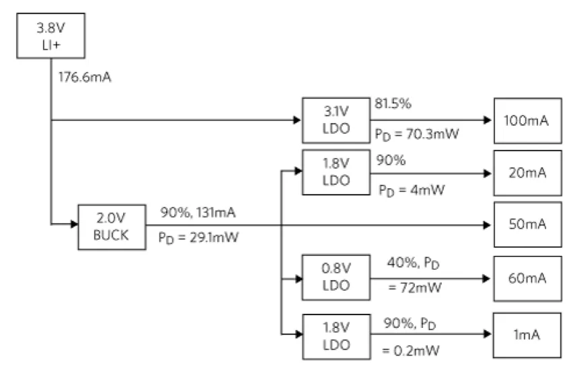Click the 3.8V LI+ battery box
click(x=50, y=36)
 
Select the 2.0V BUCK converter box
click(x=112, y=227)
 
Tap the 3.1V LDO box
click(x=336, y=120)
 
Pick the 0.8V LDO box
click(x=336, y=278)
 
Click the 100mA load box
click(x=528, y=121)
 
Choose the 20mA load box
click(x=528, y=173)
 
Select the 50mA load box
click(x=528, y=224)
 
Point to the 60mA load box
click(x=528, y=278)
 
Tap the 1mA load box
click(x=527, y=335)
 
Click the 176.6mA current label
click(x=85, y=77)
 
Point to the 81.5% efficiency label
click(x=393, y=103)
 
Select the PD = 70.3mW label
click(x=417, y=134)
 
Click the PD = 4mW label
click(x=412, y=190)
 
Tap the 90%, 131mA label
click(x=198, y=212)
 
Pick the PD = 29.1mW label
click(x=198, y=237)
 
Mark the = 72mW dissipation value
click(x=415, y=287)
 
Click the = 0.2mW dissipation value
click(x=411, y=350)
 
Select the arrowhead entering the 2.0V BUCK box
click(x=75, y=224)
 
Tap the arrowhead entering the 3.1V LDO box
click(x=297, y=120)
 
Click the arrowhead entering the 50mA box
click(x=488, y=225)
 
